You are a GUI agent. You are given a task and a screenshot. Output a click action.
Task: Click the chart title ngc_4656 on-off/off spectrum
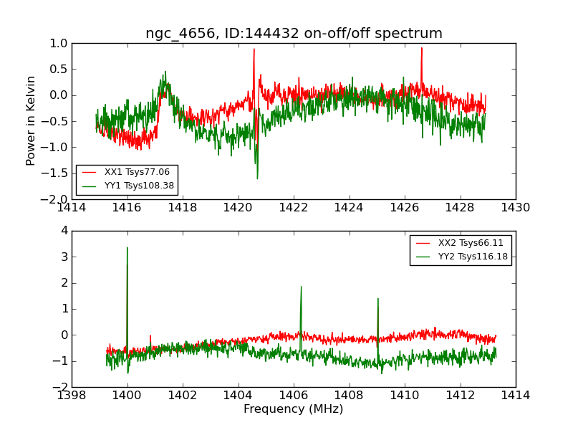point(294,34)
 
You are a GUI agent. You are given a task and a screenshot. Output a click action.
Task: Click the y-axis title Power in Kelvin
point(31,120)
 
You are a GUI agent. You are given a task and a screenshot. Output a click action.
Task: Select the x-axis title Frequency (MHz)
point(294,409)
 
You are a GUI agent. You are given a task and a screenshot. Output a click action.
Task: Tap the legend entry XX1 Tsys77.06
point(137,172)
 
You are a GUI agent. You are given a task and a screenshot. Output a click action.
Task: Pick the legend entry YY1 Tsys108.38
point(140,186)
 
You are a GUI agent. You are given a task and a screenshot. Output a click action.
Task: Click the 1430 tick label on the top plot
point(516,208)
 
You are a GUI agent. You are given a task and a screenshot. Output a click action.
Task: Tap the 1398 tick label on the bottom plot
point(72,396)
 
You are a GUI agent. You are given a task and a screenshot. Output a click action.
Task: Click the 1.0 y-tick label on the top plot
point(59,43)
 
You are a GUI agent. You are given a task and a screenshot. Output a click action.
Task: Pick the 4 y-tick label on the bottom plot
point(64,231)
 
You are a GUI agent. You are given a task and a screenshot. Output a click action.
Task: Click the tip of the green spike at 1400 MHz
point(127,248)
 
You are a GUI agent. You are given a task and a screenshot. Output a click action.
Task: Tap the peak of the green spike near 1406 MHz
point(301,287)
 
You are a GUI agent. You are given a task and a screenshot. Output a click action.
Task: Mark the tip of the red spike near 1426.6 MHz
point(422,48)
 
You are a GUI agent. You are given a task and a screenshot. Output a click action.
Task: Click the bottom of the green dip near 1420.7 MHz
point(257,178)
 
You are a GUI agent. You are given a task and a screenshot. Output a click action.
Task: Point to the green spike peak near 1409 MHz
point(377,298)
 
